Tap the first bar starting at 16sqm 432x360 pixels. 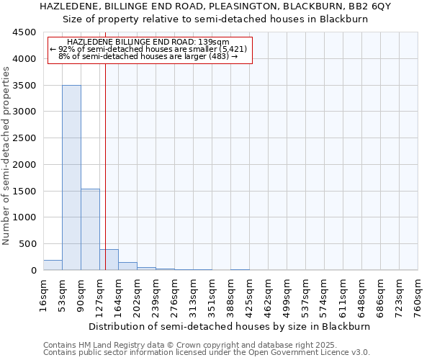tap(53, 265)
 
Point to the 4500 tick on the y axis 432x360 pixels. tap(24, 32)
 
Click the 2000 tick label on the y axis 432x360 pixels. tap(24, 165)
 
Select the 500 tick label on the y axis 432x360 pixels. tap(27, 244)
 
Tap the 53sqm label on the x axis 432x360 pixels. tap(62, 294)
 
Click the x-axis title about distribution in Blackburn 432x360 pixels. tap(230, 326)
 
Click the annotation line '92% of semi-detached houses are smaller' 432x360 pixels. tap(149, 49)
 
